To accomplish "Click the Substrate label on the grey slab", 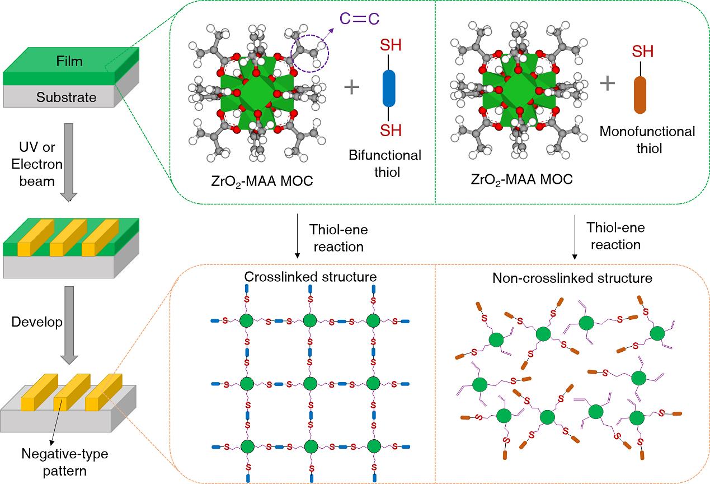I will click(x=66, y=97).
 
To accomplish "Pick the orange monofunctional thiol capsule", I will click(x=640, y=95).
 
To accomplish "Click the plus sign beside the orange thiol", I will click(x=608, y=83).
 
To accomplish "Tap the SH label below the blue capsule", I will click(x=391, y=131).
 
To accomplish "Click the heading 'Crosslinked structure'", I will click(x=310, y=277).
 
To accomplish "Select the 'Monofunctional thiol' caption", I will click(x=647, y=139).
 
